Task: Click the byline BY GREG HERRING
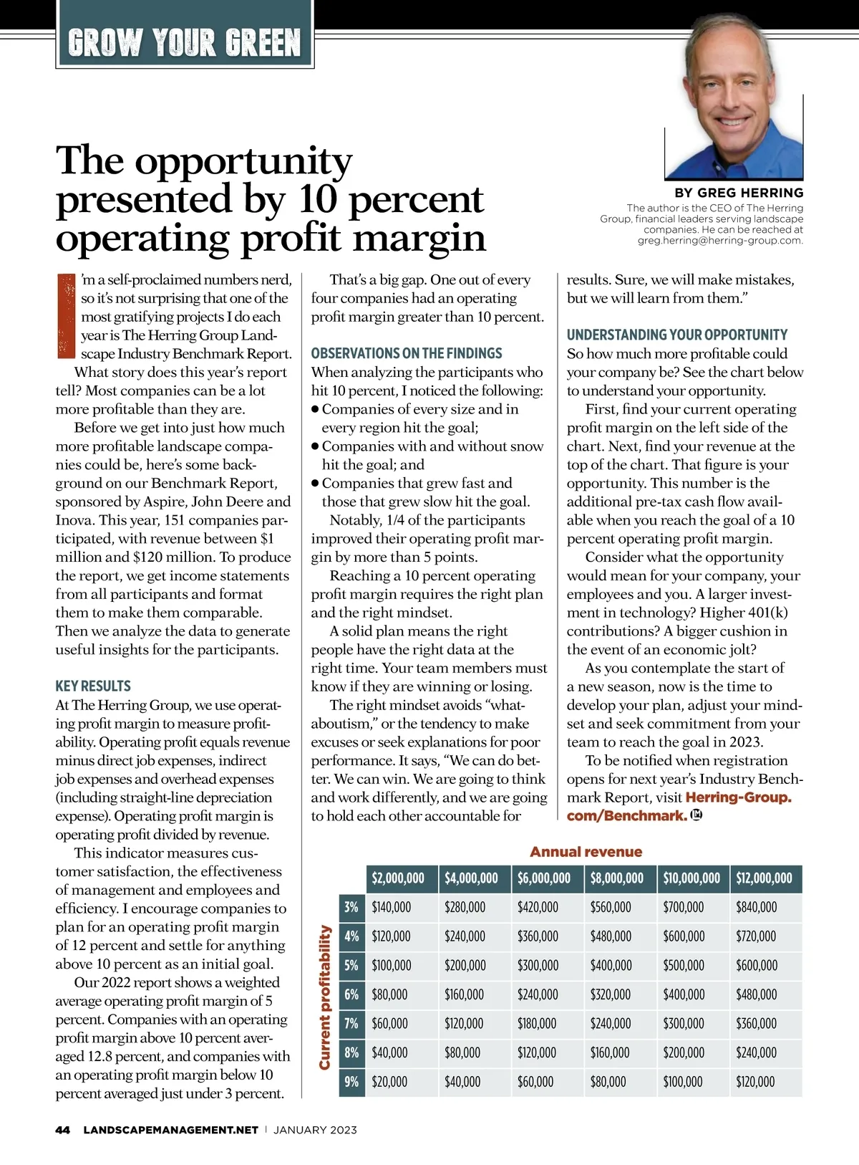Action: (739, 193)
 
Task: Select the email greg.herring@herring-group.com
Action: (720, 241)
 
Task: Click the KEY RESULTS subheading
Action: (93, 686)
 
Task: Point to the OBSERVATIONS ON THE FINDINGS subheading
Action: (407, 353)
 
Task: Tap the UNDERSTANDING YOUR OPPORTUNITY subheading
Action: (677, 335)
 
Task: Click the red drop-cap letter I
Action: (65, 315)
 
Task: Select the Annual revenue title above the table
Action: (586, 852)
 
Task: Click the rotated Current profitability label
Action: (325, 997)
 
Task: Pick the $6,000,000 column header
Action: (544, 878)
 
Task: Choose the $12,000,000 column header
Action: (764, 878)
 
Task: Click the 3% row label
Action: (351, 907)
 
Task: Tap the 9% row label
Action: (351, 1082)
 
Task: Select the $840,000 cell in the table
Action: (756, 907)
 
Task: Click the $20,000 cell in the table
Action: (389, 1082)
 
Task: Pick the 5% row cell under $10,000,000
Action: (684, 966)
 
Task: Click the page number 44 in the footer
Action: (63, 1130)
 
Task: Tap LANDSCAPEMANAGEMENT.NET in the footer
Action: (170, 1130)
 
